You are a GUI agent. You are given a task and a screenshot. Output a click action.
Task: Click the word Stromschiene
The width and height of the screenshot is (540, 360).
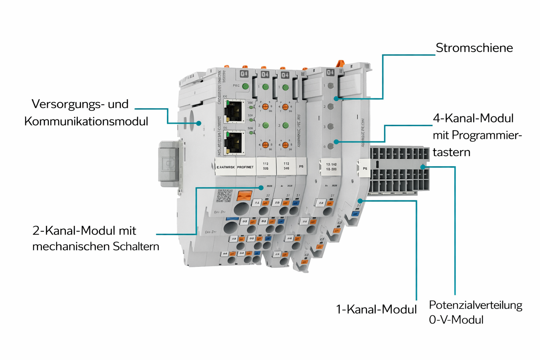(x=474, y=48)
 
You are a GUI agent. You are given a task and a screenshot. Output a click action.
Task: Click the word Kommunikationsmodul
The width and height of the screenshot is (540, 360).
(x=86, y=121)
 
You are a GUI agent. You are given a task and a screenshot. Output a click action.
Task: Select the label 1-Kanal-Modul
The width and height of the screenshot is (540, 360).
(x=376, y=309)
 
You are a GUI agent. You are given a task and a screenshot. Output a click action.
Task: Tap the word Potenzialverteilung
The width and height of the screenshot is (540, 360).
(x=475, y=305)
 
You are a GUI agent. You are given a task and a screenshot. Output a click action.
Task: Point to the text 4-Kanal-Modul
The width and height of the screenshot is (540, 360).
(x=473, y=118)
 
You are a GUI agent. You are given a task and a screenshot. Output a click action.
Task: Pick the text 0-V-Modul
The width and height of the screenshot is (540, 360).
(x=456, y=320)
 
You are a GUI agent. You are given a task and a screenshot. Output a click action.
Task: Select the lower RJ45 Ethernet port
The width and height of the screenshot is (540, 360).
(x=234, y=142)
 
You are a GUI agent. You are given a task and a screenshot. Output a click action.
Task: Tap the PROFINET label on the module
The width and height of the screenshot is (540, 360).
(x=245, y=167)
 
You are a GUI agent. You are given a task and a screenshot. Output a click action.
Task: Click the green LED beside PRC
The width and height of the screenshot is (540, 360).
(x=245, y=86)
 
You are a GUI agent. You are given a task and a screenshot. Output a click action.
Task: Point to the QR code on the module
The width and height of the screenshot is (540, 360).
(x=225, y=195)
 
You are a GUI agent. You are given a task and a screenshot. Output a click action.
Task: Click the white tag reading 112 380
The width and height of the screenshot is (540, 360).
(x=266, y=166)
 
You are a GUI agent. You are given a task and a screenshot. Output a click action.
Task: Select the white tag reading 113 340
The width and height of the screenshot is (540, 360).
(x=286, y=166)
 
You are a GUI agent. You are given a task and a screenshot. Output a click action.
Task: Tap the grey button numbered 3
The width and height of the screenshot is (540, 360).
(x=330, y=126)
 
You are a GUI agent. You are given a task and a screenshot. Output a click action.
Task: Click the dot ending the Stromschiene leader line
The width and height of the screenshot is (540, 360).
(x=336, y=99)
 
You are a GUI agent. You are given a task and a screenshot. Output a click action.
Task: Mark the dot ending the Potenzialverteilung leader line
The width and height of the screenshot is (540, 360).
(x=423, y=167)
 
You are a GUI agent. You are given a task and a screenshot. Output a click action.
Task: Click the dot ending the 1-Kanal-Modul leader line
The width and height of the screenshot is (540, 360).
(x=360, y=201)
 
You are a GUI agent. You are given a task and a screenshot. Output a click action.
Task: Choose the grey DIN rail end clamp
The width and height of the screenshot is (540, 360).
(x=169, y=163)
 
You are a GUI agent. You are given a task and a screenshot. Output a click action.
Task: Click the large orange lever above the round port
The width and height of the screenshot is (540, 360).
(x=244, y=195)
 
